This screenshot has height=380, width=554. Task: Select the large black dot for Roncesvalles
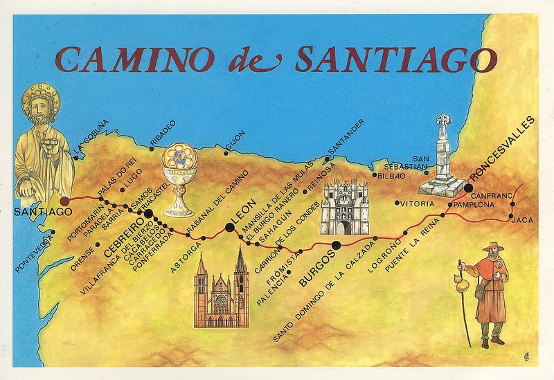[469, 188]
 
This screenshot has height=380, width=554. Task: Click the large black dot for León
[229, 226]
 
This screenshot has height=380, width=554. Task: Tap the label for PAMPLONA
[474, 206]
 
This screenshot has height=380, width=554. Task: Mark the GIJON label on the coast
[235, 138]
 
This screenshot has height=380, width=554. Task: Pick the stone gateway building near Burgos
[343, 207]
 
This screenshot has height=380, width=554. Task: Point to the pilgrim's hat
[493, 247]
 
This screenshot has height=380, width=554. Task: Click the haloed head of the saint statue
[40, 104]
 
